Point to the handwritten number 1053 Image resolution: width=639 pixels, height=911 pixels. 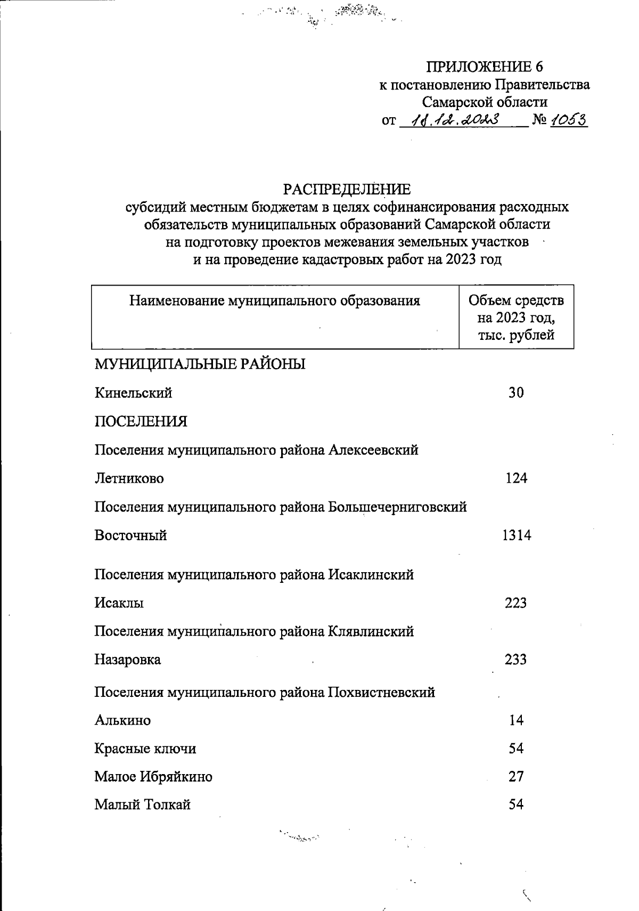point(568,120)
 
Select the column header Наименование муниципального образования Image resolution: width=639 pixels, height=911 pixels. point(275,301)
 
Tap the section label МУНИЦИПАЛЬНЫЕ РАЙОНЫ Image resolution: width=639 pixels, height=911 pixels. point(200,364)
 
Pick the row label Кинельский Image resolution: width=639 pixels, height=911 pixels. point(134,393)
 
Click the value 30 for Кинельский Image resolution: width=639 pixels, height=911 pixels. point(515,393)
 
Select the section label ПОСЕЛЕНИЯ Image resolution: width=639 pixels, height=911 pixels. point(141,421)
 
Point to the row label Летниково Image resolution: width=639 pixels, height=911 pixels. point(129,478)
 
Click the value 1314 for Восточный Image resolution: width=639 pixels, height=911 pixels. point(516,535)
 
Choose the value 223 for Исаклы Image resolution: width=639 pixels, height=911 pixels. point(515,603)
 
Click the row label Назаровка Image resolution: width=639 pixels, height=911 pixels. point(128,660)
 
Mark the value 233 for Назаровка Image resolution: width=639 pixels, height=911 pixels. point(515,660)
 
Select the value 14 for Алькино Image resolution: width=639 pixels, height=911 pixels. point(516,720)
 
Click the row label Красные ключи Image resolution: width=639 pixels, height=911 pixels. point(145,749)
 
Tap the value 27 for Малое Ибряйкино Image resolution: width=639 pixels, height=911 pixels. point(516,776)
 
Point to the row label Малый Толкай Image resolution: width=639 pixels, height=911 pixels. point(143,804)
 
